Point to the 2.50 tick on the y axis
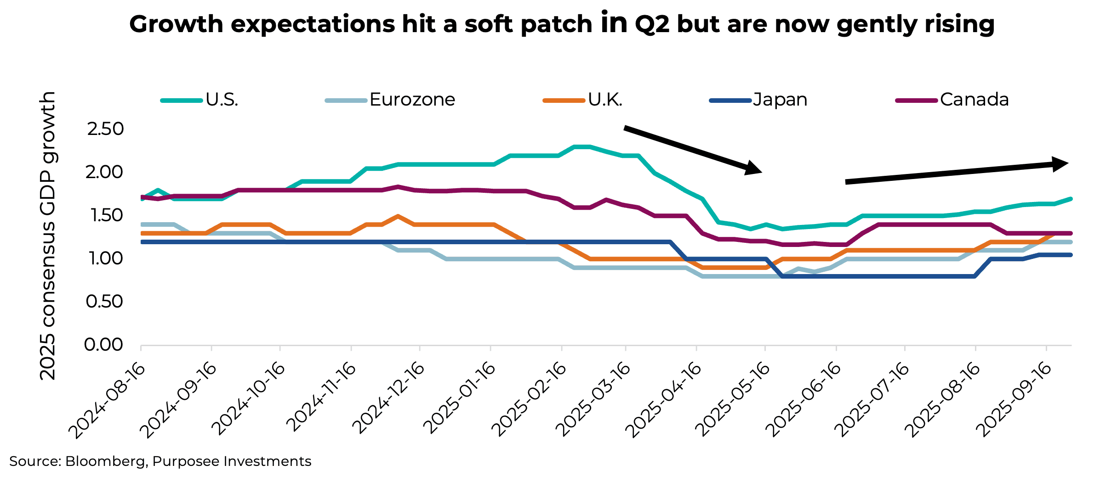click(105, 129)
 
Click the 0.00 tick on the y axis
click(103, 345)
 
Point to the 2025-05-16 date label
click(733, 399)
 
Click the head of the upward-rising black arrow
click(1060, 164)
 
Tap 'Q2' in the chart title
click(652, 24)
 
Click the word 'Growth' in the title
click(176, 24)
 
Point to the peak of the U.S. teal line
click(581, 147)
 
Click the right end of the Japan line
click(1070, 255)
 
